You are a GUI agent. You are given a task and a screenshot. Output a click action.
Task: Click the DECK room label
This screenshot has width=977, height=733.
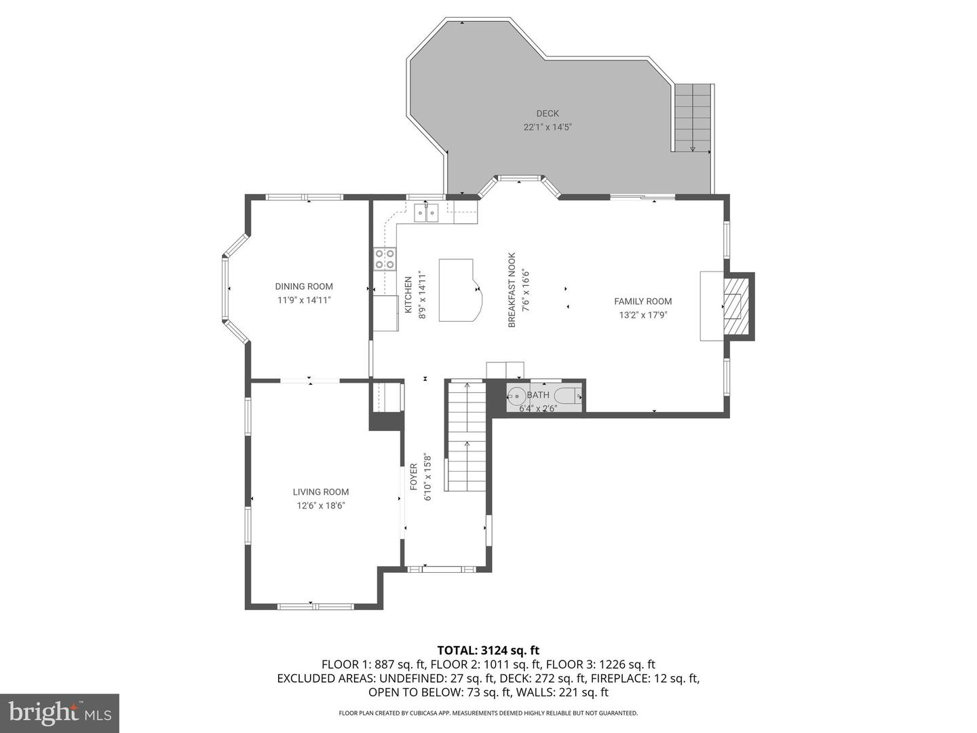(x=547, y=113)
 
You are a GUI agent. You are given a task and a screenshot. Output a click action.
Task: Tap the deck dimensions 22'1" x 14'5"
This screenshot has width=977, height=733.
(x=547, y=128)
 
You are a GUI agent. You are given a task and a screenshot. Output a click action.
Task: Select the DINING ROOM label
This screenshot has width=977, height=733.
(x=303, y=286)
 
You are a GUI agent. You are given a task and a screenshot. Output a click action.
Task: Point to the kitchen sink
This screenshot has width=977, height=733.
(x=426, y=212)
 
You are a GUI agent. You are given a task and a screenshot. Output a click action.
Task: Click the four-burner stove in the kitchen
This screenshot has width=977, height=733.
(x=385, y=259)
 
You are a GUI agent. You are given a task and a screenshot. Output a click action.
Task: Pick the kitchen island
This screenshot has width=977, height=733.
(x=460, y=290)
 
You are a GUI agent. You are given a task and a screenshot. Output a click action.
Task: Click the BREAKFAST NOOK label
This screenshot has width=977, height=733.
(x=512, y=290)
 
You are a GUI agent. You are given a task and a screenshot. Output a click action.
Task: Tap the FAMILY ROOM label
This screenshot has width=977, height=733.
(x=643, y=301)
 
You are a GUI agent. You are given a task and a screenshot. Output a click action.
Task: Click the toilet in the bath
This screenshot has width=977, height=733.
(x=569, y=395)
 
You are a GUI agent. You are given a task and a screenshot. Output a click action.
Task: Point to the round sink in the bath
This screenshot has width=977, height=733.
(x=516, y=395)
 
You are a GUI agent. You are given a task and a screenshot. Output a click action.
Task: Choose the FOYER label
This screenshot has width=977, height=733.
(x=413, y=477)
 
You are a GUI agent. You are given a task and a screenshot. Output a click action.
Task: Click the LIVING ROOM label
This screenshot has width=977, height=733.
(x=320, y=492)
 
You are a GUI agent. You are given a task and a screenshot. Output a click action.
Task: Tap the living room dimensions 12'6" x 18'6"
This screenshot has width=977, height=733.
(x=321, y=506)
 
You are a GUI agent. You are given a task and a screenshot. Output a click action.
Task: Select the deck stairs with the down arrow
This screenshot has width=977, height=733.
(x=692, y=118)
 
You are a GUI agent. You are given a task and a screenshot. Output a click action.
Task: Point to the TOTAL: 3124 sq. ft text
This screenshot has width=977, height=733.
(x=488, y=650)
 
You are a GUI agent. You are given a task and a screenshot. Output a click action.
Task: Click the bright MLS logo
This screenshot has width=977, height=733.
(x=60, y=713)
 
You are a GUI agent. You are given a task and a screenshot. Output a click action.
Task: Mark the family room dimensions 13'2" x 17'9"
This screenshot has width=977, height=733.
(x=643, y=315)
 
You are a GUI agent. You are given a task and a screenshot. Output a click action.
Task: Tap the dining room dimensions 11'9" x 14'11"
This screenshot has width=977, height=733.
(x=304, y=301)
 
